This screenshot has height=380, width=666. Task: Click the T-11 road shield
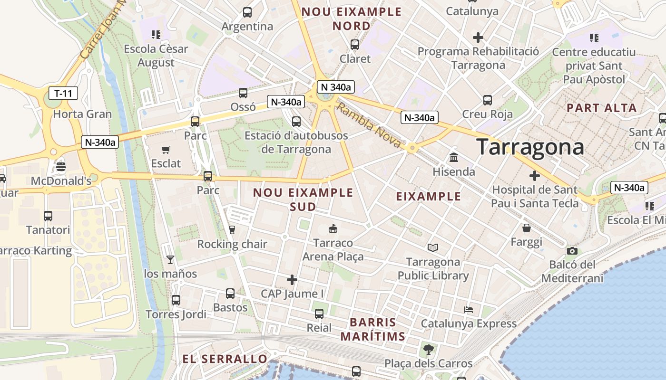coord(63,93)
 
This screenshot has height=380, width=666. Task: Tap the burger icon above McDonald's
coord(61,167)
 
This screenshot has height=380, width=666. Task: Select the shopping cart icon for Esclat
coord(166,150)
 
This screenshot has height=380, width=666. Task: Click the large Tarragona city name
coord(530,147)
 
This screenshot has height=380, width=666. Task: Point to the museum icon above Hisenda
coord(454,157)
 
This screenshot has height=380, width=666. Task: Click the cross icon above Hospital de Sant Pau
coord(535,176)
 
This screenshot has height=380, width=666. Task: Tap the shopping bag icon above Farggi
coord(527,228)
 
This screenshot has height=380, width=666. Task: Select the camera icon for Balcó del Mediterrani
coord(572,251)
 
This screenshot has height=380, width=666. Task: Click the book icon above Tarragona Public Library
coord(433,247)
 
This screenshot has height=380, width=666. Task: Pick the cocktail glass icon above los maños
coord(170,259)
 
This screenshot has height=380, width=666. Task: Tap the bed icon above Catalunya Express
coord(469,310)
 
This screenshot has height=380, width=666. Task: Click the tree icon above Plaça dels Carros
coord(428,350)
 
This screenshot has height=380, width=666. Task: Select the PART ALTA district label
coord(601,108)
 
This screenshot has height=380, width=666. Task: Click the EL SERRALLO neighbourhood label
coord(225,359)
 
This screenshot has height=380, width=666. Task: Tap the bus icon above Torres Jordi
coord(176,300)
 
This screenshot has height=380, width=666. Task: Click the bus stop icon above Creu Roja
coord(488,100)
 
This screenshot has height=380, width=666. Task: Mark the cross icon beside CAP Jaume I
coord(292,280)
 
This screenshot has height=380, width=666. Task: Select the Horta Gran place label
coord(82,114)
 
